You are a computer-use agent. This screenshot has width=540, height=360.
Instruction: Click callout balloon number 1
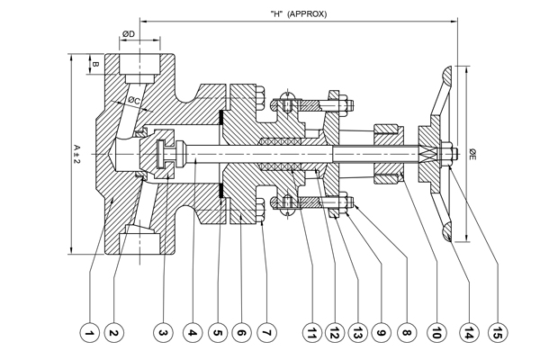(89, 335)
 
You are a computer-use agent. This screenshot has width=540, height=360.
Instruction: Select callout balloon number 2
(112, 335)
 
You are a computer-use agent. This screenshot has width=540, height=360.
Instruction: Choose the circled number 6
(240, 335)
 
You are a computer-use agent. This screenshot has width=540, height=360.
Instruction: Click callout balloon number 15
(495, 335)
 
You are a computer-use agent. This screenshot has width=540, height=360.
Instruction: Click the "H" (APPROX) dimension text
(299, 14)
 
